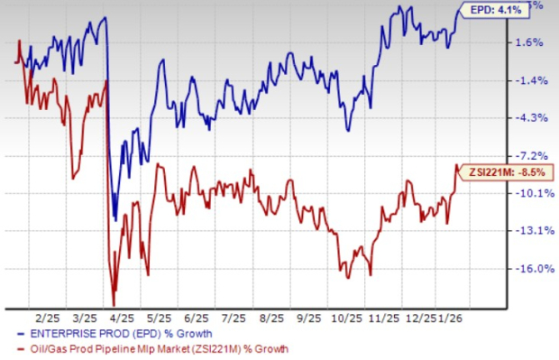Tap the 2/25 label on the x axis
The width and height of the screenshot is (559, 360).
tap(45, 319)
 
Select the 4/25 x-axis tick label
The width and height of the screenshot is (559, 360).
tap(121, 319)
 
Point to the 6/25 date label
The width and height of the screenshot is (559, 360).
tap(196, 319)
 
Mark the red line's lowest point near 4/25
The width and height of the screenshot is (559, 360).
tap(114, 305)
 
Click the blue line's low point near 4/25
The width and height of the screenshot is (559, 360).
tap(115, 218)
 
